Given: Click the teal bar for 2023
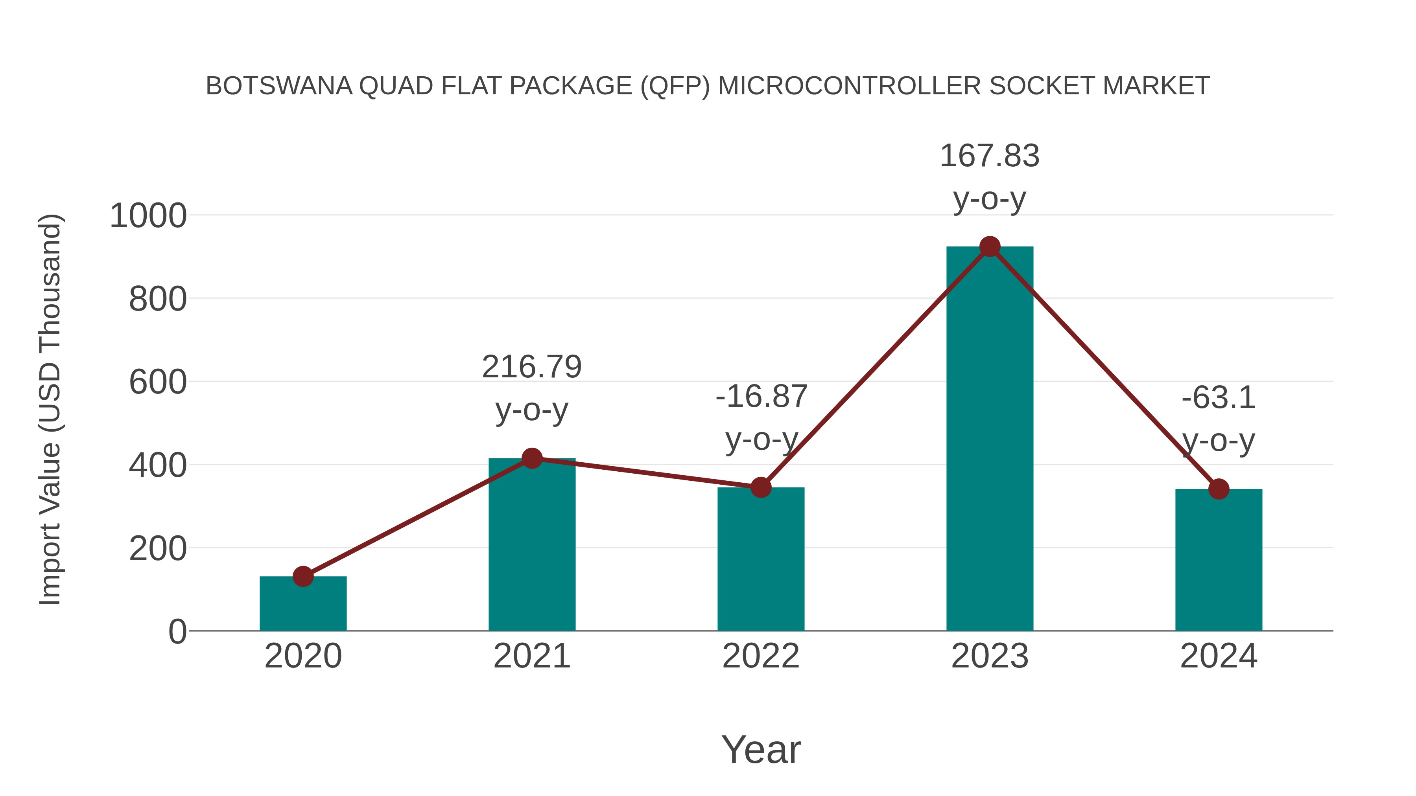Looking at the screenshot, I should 990,439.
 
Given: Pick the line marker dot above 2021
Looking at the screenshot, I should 531,458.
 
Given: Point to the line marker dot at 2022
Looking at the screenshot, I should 761,487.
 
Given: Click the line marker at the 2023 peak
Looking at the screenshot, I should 990,246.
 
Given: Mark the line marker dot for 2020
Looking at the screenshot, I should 303,576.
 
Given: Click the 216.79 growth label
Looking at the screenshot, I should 531,367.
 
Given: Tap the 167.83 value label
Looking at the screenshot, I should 990,156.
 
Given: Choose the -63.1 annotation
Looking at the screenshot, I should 1219,398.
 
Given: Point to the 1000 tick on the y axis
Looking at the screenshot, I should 148,216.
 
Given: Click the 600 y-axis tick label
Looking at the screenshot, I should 158,382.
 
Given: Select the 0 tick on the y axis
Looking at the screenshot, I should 177,632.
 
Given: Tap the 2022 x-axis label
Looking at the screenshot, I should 761,656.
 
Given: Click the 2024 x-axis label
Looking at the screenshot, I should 1219,656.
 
